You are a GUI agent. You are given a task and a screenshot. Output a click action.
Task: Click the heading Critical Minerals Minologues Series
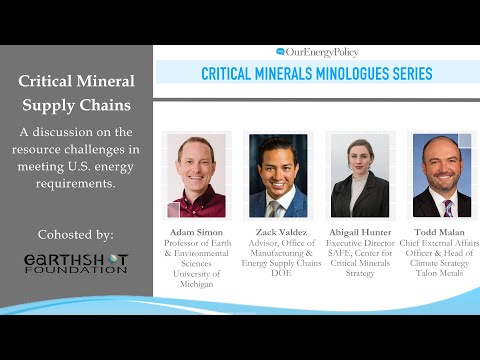[316, 73]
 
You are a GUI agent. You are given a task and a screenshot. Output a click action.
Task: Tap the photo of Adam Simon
[196, 176]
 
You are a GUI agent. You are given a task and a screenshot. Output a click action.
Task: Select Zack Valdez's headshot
[278, 176]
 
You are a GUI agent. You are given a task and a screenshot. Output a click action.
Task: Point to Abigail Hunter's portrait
[360, 176]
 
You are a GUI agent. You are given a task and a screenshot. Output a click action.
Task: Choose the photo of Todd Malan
[441, 176]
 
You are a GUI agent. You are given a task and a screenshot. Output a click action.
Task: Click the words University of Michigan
[196, 278]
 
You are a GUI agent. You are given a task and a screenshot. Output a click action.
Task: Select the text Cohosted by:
[76, 234]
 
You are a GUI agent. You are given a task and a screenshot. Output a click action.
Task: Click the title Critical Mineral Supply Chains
[76, 93]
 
